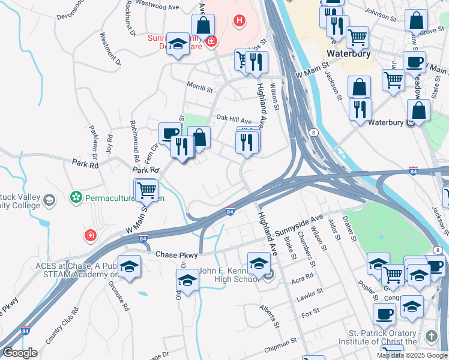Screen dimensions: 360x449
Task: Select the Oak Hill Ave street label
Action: tap(234, 121)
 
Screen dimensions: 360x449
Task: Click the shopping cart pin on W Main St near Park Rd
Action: tap(146, 190)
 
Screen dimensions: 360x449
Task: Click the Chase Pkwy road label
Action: tap(176, 255)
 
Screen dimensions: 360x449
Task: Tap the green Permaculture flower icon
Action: tap(76, 197)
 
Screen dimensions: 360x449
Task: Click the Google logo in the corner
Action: tap(20, 353)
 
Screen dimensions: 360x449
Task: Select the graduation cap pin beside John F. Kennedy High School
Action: tap(259, 264)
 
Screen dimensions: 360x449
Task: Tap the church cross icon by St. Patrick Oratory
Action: tap(431, 336)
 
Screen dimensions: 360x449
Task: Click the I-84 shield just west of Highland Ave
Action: tap(230, 212)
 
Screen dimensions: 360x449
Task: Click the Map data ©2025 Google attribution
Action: tap(411, 355)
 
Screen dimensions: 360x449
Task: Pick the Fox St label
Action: tap(310, 313)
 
